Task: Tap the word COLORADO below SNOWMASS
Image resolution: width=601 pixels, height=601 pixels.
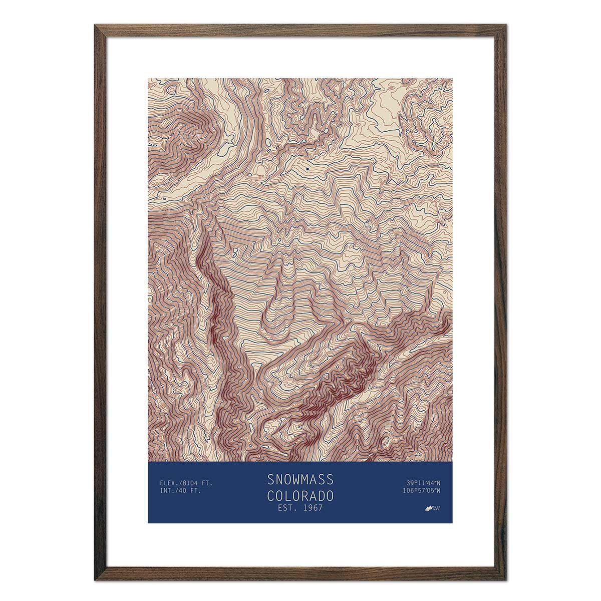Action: click(300, 496)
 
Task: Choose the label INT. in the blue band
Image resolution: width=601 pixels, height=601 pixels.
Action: click(167, 490)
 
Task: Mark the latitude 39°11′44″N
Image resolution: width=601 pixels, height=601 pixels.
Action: click(424, 483)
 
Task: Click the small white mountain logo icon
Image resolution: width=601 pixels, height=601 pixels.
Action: click(428, 508)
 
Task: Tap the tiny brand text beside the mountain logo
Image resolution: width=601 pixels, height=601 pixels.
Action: click(437, 507)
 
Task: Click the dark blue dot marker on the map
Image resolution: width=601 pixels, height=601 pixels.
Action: click(307, 169)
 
